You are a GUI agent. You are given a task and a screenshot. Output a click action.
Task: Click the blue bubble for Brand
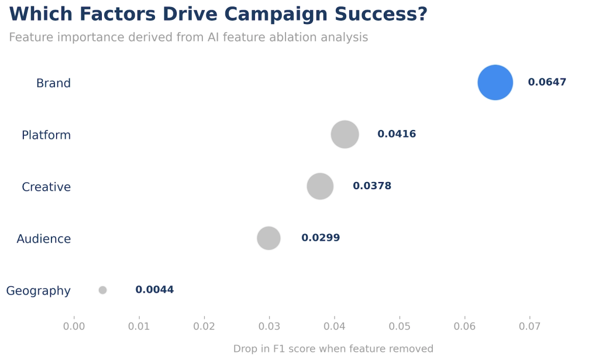pos(495,83)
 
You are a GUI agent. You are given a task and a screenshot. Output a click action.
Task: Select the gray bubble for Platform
pos(345,135)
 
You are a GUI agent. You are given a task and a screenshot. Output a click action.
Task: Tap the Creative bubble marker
pos(320,187)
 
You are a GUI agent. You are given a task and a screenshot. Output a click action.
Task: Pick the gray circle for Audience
pos(268,238)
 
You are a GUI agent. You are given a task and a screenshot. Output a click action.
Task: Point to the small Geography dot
pos(103,290)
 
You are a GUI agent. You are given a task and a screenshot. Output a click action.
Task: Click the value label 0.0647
pos(547,83)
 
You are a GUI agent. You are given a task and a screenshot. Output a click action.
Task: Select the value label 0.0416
pos(397,134)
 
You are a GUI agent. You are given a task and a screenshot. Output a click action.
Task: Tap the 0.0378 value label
pos(372,186)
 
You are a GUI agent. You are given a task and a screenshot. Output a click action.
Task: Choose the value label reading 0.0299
pos(321,238)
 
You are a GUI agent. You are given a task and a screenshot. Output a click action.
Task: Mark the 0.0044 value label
pos(154,290)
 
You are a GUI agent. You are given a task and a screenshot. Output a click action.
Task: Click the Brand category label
pos(53,83)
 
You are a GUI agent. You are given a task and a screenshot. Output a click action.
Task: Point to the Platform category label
pos(46,135)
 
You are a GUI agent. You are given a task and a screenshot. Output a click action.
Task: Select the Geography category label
pos(39,291)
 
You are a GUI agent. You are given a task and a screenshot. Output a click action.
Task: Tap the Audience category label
pos(44,239)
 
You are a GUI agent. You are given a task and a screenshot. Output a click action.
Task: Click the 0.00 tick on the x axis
pos(74,325)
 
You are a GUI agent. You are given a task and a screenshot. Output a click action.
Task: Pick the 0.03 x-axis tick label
pos(270,325)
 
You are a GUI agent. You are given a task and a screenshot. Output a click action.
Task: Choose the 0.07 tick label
pos(530,325)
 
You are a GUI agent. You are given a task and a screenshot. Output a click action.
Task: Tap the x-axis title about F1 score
pos(333,349)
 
